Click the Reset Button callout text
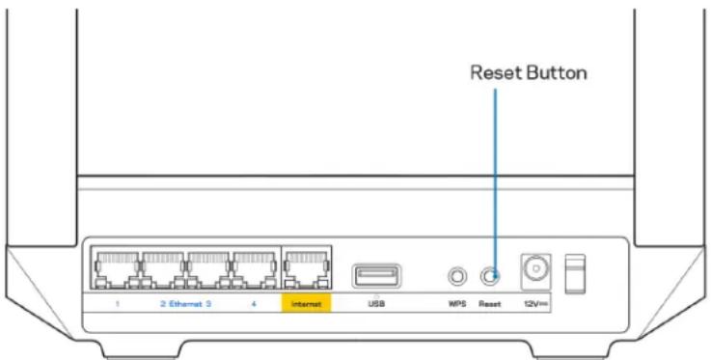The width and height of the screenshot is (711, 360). pyautogui.click(x=528, y=73)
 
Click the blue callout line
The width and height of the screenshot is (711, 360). pyautogui.click(x=494, y=174)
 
